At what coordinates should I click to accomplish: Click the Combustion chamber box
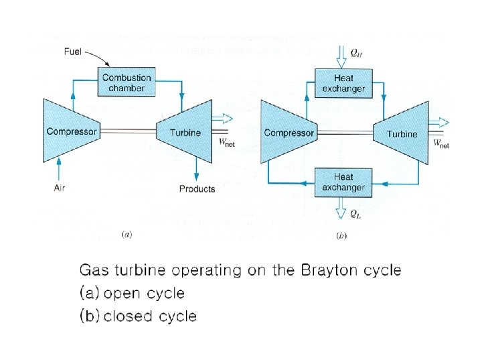pos(127,82)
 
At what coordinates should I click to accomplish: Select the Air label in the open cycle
pos(60,188)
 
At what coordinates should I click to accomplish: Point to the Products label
pos(197,189)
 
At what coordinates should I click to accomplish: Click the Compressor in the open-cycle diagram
pos(70,131)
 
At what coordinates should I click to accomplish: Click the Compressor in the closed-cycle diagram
pos(288,133)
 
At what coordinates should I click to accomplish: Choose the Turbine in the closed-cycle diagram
pos(402,133)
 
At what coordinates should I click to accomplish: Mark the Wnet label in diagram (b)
pos(440,143)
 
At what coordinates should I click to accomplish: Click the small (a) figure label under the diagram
pos(127,235)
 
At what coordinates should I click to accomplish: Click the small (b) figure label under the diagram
pos(341,235)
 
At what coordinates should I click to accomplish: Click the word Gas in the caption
pos(92,271)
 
